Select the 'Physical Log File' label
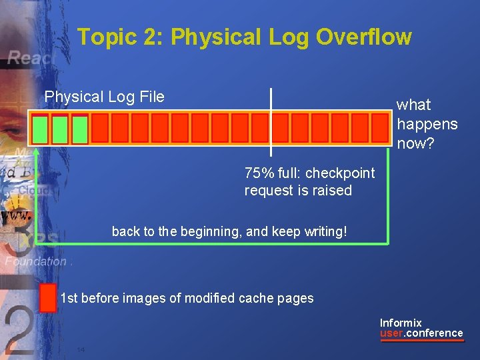pos(104,97)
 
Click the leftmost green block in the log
pos(41,129)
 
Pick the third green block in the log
pos(81,129)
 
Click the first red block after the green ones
pos(100,127)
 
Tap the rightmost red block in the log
pos(379,127)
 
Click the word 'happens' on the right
pos(427,124)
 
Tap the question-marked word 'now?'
pos(413,143)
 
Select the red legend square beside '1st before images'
pos(48,297)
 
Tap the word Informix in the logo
pos(401,323)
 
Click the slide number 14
pos(81,349)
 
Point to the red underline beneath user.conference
pos(421,340)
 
